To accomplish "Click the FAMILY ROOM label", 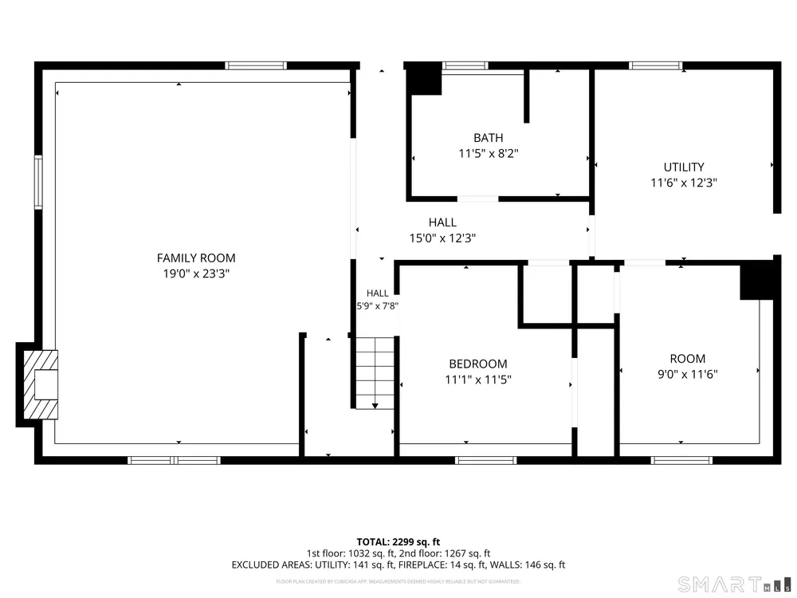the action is click(196, 258).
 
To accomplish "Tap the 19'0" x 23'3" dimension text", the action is click(196, 273).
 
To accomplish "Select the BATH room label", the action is click(489, 138).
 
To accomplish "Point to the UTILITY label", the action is click(684, 167).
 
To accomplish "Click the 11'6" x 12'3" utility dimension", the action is click(684, 183).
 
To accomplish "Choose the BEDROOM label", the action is click(477, 364).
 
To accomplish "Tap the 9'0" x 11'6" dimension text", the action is click(687, 374).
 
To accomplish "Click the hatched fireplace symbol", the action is click(41, 384).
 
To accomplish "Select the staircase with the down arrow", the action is click(375, 372).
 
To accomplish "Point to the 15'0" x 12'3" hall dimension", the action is click(442, 238).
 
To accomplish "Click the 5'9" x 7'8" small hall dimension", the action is click(377, 306).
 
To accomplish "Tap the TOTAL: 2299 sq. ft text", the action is click(398, 542).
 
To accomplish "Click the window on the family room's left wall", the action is click(38, 182).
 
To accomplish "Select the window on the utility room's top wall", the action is click(655, 65).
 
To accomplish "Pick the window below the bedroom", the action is click(486, 461).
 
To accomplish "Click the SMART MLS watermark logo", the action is click(735, 584).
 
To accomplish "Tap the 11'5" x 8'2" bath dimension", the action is click(489, 153).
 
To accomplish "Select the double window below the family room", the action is click(174, 461).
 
